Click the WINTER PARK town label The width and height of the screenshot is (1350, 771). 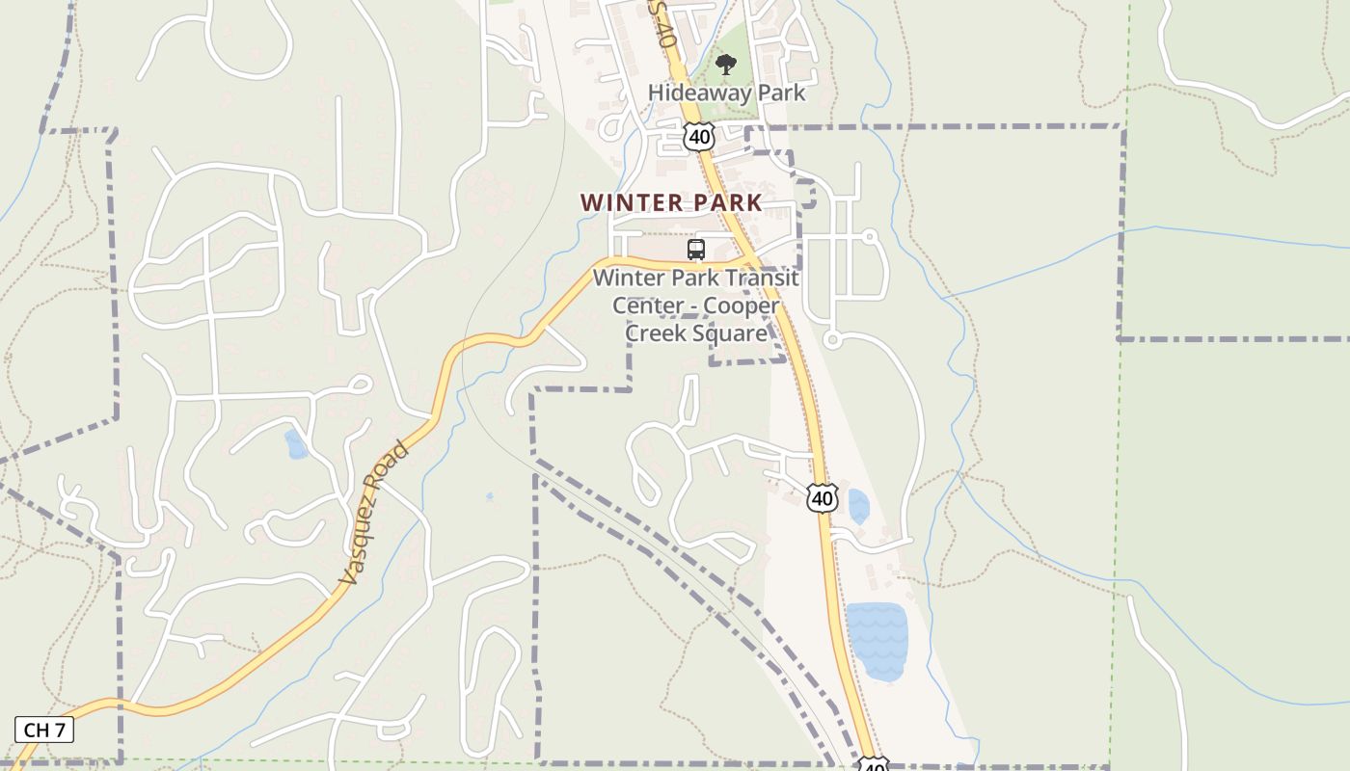pos(671,202)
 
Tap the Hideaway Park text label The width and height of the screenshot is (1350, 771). pos(726,93)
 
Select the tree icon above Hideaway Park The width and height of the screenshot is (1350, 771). pos(726,66)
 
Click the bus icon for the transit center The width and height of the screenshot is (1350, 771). pos(696,250)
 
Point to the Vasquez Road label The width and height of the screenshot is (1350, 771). pos(374,514)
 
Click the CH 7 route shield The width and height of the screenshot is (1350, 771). pos(44,730)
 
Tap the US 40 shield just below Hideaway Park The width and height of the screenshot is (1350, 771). pos(699,137)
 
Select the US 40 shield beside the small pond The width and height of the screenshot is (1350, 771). pos(822,498)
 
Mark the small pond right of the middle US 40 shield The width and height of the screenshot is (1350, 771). pos(857,506)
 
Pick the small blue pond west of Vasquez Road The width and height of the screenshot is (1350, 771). pos(296,444)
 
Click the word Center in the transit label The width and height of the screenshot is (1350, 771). pos(645,306)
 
